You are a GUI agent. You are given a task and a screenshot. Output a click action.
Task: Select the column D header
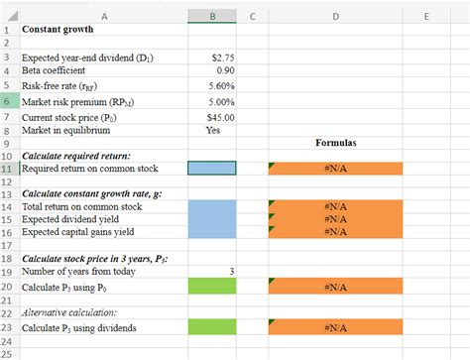334,16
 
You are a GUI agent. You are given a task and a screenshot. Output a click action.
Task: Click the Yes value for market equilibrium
213,130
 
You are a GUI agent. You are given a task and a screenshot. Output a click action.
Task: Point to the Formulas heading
335,144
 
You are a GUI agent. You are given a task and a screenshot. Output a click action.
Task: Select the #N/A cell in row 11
335,169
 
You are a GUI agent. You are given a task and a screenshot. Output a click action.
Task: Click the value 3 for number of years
231,271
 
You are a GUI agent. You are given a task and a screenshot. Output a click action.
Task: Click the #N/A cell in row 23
335,326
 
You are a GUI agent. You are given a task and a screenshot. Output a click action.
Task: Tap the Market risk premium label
75,101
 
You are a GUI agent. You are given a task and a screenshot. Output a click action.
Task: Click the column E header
426,16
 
